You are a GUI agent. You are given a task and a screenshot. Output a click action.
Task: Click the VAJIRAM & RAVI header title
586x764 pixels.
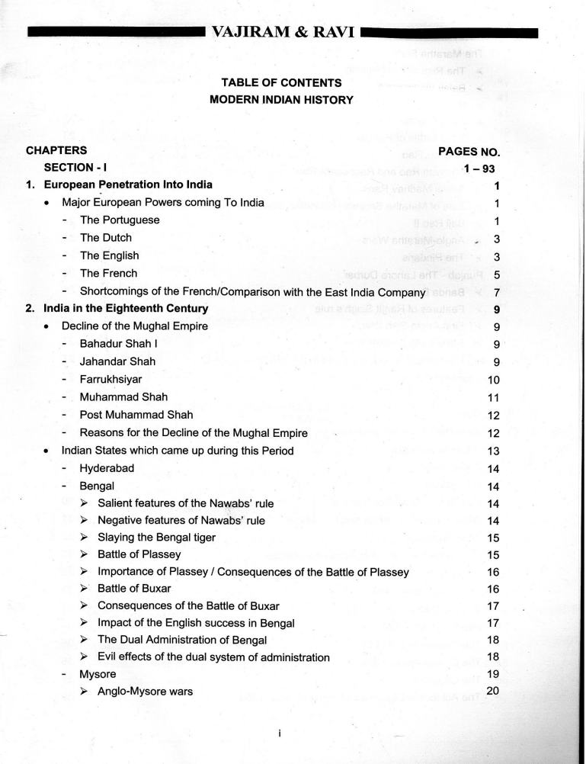pos(281,33)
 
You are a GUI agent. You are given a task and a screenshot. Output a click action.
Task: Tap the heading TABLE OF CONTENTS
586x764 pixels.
pos(281,82)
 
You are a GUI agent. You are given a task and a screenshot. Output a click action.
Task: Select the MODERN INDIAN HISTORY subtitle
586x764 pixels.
pos(281,99)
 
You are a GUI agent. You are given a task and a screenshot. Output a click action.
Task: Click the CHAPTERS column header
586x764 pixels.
pos(56,150)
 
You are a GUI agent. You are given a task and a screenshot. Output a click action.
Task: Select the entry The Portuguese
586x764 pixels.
pos(120,220)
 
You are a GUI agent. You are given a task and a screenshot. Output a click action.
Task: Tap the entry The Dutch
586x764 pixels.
pos(106,238)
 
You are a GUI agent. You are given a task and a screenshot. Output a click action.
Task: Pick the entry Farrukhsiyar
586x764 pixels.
pos(110,379)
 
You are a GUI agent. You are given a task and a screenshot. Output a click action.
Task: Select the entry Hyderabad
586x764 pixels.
pos(107,468)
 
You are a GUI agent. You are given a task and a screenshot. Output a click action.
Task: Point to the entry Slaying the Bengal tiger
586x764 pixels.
pos(156,538)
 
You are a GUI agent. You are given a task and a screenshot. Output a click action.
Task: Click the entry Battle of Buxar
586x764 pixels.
pos(134,589)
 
